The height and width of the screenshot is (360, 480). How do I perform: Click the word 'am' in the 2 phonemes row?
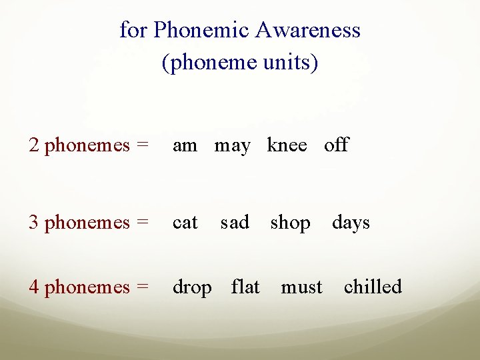185,146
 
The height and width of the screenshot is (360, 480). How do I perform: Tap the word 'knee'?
287,145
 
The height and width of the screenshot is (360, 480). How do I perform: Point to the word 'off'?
336,145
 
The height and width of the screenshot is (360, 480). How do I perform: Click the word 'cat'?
185,223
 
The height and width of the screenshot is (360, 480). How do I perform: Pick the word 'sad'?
235,222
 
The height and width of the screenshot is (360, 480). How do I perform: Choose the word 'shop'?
290,223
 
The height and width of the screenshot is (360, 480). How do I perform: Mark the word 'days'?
351,223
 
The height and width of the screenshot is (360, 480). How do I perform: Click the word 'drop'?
192,288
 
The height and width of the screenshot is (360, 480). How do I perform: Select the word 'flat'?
245,287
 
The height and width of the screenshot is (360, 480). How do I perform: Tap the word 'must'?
301,287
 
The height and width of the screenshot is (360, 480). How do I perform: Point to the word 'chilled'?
373,287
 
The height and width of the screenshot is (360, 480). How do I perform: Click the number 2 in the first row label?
33,145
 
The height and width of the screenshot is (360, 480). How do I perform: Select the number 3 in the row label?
33,223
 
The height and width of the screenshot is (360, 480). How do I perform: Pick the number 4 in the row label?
33,287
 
